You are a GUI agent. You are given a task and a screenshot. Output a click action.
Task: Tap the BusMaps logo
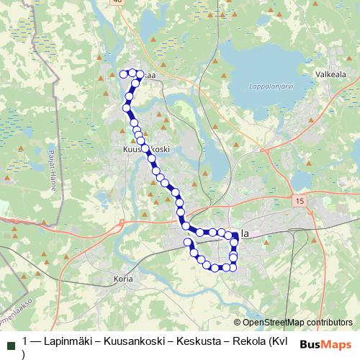[326, 344]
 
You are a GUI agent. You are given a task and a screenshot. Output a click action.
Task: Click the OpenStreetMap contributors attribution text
[297, 323]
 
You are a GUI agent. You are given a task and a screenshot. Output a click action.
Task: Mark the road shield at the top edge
[117, 2]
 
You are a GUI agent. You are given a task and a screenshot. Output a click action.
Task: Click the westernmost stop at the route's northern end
[123, 73]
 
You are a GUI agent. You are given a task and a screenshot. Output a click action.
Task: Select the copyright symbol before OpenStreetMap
[237, 323]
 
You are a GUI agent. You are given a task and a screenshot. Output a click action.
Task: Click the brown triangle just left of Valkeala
[306, 73]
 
